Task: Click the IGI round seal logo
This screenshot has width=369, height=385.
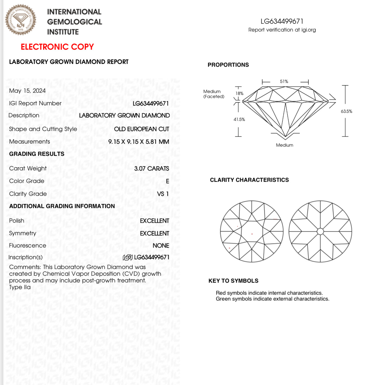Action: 20,20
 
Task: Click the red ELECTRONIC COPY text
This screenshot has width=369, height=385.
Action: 57,47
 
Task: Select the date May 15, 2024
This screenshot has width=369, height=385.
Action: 27,91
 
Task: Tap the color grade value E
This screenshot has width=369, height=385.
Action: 167,181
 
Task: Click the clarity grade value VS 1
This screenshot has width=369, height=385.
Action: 163,194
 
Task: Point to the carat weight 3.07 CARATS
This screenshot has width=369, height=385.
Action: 152,168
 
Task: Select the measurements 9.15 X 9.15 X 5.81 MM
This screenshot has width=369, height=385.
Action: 139,142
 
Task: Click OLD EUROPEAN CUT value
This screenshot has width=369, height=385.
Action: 141,129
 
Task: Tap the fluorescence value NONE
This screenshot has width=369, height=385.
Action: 161,246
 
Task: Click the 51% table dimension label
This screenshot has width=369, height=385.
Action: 284,82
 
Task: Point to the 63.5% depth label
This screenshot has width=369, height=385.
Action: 346,111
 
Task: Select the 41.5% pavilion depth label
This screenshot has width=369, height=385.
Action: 239,119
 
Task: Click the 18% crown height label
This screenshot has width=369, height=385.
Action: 239,94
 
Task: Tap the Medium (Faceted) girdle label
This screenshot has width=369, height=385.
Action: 214,94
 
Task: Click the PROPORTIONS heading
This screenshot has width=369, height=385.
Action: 228,65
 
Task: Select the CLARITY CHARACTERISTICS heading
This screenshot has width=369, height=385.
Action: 249,180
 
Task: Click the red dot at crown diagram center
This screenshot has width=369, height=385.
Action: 252,234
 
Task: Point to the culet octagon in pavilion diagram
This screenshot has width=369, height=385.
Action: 320,231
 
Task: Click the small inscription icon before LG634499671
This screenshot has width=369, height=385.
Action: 127,257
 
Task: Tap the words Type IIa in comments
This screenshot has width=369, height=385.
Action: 20,287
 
